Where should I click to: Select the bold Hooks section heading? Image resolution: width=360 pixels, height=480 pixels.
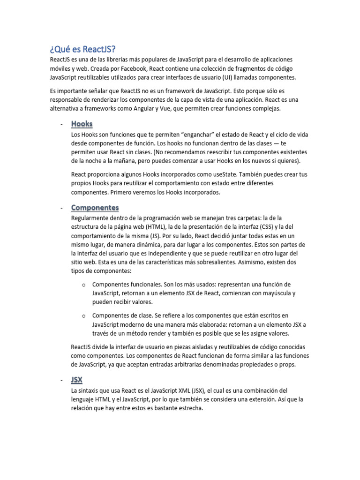82,124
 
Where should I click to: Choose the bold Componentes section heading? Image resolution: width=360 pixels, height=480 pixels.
95,208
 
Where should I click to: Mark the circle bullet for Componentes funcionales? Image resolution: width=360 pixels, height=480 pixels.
83,285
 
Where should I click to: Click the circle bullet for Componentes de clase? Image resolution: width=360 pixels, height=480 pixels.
83,316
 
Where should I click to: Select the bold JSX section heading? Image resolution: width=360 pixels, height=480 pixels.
77,380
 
